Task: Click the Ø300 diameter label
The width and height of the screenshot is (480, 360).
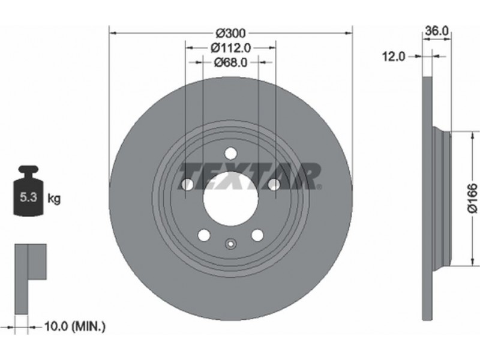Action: (x=230, y=33)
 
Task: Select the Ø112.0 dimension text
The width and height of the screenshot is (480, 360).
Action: (x=231, y=48)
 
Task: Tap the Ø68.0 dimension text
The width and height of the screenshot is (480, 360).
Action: (x=230, y=62)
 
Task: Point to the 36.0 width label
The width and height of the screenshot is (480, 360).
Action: (x=437, y=31)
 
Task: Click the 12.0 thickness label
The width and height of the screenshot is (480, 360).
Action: (x=394, y=56)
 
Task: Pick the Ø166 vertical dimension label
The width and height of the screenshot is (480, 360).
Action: (x=472, y=198)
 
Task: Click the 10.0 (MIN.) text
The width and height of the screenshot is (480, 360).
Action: (x=75, y=326)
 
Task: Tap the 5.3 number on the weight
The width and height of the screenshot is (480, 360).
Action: (x=28, y=197)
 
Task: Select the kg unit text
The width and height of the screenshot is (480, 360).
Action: (x=54, y=199)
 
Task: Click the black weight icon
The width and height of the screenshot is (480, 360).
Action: (x=28, y=191)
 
